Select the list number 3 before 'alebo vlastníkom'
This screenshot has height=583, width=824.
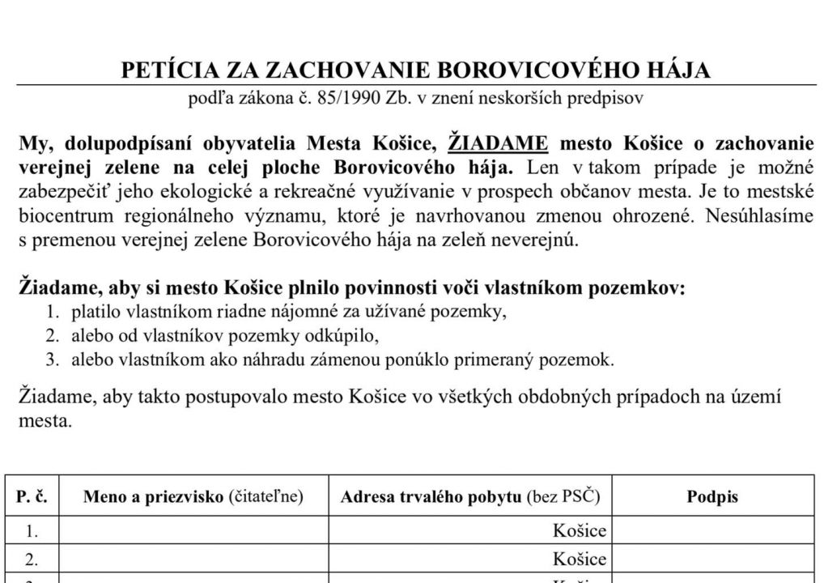pyautogui.click(x=52, y=360)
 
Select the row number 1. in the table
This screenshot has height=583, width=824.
pyautogui.click(x=32, y=531)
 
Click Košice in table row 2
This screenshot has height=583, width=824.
pyautogui.click(x=580, y=560)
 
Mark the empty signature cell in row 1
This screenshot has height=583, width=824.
pyautogui.click(x=712, y=531)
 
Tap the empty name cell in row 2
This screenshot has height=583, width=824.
pyautogui.click(x=194, y=560)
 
